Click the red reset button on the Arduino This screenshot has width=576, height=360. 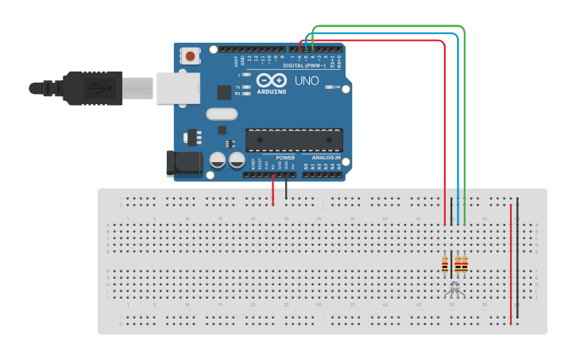191,56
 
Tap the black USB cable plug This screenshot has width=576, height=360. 91,87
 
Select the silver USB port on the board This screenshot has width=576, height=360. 176,87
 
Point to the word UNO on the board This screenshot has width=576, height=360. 306,81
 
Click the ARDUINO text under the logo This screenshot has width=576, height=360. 271,91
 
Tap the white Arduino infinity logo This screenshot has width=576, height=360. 271,80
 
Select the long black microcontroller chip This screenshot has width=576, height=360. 294,140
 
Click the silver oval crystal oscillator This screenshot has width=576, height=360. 222,114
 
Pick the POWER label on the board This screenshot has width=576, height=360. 284,157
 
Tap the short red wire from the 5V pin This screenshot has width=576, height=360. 273,189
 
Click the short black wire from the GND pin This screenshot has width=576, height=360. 287,189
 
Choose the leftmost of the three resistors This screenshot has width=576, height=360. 445,265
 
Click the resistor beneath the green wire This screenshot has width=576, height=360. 464,265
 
